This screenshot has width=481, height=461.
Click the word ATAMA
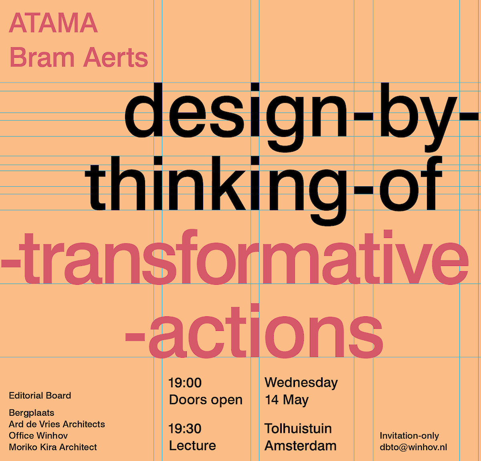click(x=53, y=23)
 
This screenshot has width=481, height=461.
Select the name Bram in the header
click(x=42, y=58)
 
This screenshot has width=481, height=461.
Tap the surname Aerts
click(x=116, y=58)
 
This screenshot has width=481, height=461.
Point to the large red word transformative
click(x=244, y=257)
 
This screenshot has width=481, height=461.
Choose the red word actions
click(x=266, y=331)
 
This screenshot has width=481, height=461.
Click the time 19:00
click(x=185, y=382)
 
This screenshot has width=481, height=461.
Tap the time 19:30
click(x=185, y=429)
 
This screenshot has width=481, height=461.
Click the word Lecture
click(x=192, y=446)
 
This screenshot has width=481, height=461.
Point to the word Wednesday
click(x=301, y=383)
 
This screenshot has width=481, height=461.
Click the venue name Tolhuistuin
click(x=298, y=429)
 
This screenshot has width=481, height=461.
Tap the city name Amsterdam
click(x=301, y=446)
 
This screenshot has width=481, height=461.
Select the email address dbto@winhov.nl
click(x=413, y=447)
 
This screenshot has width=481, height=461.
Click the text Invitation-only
click(x=409, y=436)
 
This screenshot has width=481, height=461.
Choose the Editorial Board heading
click(x=40, y=396)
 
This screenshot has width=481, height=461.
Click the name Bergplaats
click(x=31, y=413)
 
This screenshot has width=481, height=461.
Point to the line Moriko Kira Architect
click(x=53, y=447)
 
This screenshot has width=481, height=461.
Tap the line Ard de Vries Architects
click(x=57, y=424)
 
